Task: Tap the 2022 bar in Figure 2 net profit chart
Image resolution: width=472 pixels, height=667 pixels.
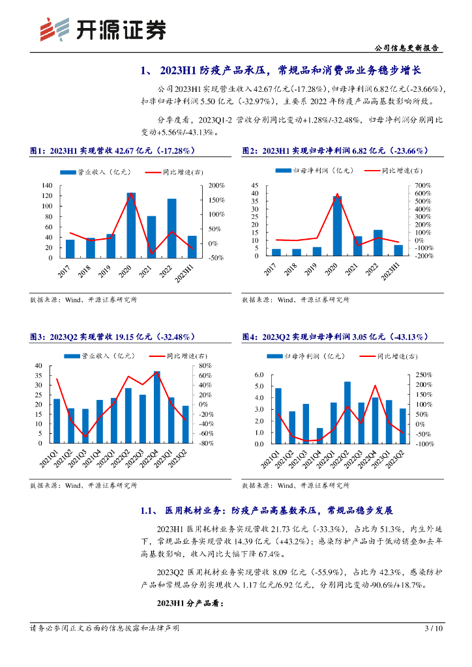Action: (377, 243)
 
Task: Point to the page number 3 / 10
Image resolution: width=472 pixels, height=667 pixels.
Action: (434, 629)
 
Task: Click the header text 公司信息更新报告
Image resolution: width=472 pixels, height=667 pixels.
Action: (408, 48)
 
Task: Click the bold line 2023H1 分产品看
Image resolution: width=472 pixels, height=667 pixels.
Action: (190, 603)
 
